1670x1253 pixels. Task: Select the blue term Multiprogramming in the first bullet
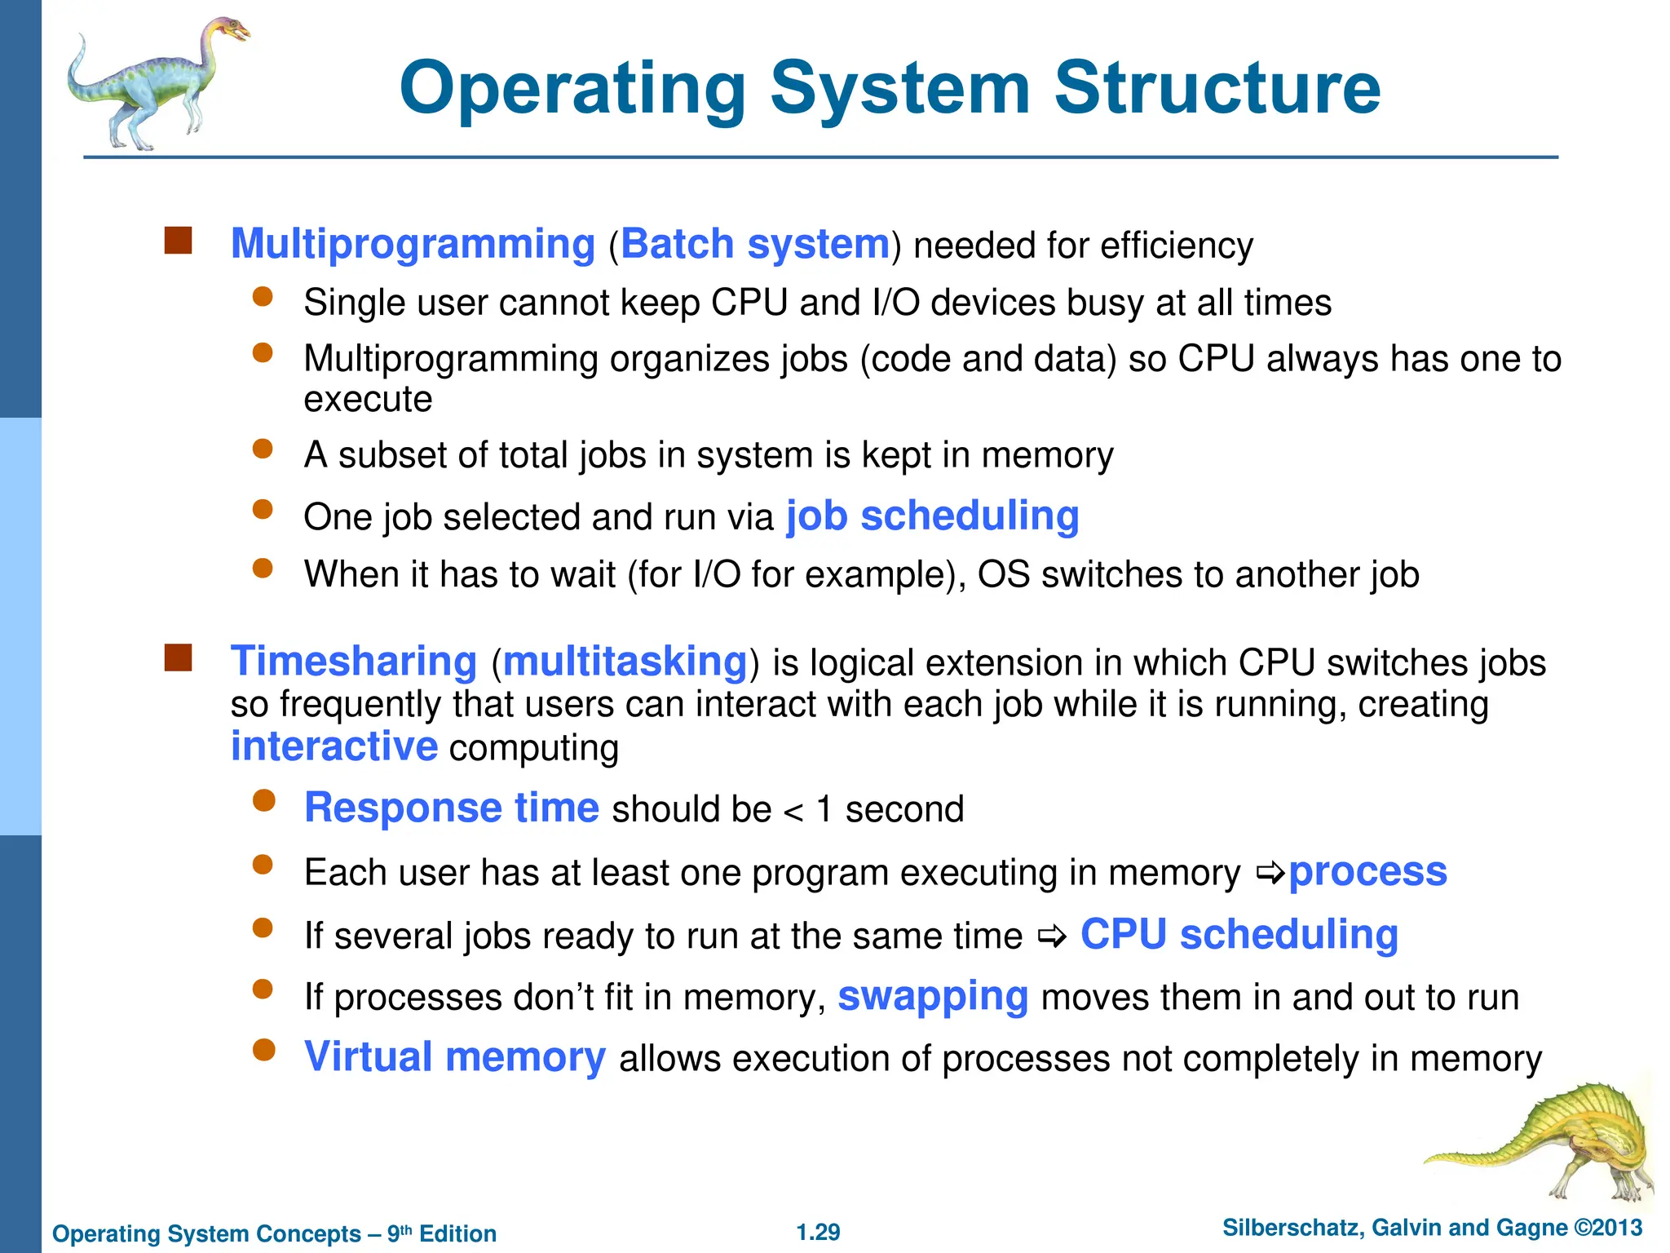tap(413, 244)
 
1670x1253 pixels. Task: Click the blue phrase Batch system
tap(755, 244)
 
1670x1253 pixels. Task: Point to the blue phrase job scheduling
tap(932, 516)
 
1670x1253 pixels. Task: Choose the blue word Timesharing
tap(353, 661)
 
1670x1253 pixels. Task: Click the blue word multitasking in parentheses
tap(625, 661)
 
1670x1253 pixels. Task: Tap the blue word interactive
tap(334, 746)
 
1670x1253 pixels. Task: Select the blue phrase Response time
tap(452, 808)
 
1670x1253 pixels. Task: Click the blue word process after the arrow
tap(1367, 871)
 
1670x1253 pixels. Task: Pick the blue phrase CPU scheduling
tap(1239, 934)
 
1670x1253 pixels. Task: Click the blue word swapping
tap(933, 996)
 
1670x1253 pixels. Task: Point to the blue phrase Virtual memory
tap(455, 1057)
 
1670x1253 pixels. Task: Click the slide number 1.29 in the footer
tap(818, 1232)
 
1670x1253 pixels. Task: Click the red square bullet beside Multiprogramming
tap(178, 241)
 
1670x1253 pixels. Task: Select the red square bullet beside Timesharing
tap(178, 657)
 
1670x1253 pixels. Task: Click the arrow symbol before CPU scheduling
tap(1053, 937)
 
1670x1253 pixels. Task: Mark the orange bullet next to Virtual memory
tap(263, 1050)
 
